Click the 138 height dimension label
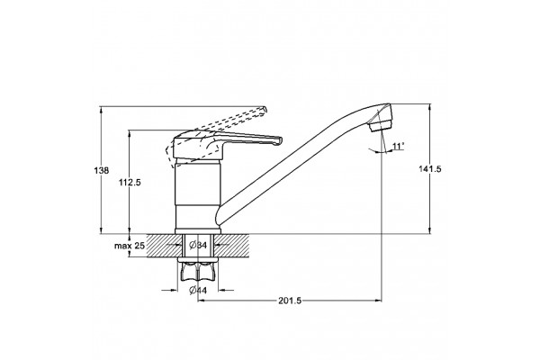[101, 170]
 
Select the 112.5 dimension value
[130, 183]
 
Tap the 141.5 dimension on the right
[430, 169]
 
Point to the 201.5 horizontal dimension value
[290, 301]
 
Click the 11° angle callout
[398, 147]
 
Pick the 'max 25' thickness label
[130, 246]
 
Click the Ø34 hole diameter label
[198, 246]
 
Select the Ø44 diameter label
[198, 291]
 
